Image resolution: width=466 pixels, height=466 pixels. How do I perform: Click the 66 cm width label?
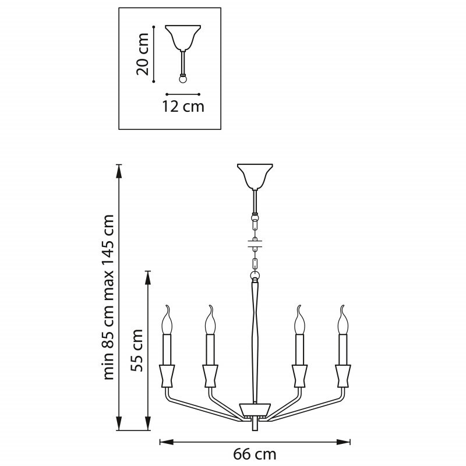pos(255,454)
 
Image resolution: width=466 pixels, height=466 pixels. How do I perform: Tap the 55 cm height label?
pos(137,350)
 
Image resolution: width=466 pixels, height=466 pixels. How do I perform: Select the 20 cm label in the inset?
pos(143,54)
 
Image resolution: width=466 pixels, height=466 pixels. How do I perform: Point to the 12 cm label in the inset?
pos(183,107)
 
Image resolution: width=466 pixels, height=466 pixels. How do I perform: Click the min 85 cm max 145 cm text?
pos(108,297)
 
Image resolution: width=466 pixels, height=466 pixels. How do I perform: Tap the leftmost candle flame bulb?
pos(167,320)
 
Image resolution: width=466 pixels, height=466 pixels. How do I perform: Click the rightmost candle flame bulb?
pos(343,320)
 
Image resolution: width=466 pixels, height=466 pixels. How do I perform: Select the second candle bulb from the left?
pos(210,320)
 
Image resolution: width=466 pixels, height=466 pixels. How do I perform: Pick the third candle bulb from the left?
pos(299,320)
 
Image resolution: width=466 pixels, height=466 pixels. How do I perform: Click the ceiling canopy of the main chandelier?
pos(255,176)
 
